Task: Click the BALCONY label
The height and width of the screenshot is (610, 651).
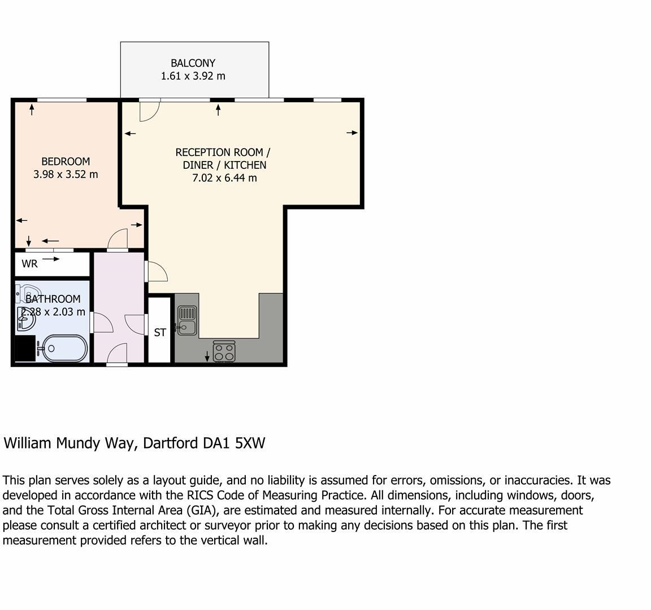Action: [x=193, y=63]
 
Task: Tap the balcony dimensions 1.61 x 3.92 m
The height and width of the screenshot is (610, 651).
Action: [x=193, y=76]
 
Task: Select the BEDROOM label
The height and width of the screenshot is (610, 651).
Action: [x=66, y=162]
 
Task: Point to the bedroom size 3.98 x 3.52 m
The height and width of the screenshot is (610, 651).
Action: [x=66, y=175]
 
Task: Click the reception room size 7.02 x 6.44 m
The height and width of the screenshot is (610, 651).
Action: [x=224, y=178]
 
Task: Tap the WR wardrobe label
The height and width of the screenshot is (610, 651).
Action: [x=29, y=264]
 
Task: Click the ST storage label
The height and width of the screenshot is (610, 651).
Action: [x=160, y=333]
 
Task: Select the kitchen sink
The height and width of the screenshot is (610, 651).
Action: [x=187, y=320]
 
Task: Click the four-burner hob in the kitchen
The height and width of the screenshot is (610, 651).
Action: [x=224, y=352]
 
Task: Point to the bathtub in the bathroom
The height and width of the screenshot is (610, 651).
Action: [x=64, y=348]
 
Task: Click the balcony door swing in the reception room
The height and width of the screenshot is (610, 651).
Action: [x=149, y=111]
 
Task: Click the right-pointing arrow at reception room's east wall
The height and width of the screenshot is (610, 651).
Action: [x=352, y=133]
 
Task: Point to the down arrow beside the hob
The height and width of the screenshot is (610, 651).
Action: [x=207, y=356]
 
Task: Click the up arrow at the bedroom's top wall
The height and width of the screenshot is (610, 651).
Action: [x=32, y=109]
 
